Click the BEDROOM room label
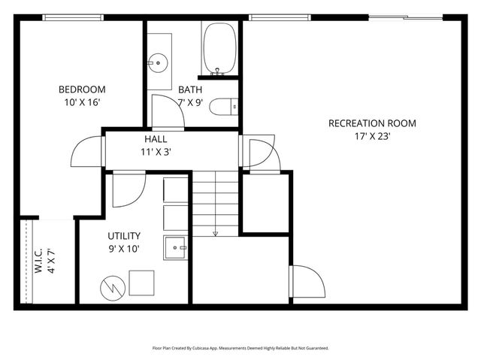[x=82, y=89]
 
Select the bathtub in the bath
[x=219, y=48]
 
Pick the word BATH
[x=190, y=89]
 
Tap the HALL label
[x=156, y=139]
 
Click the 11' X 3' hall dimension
[x=156, y=151]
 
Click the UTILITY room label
[x=124, y=236]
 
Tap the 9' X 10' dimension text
[x=124, y=248]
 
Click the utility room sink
[x=176, y=246]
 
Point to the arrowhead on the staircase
[x=216, y=234]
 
